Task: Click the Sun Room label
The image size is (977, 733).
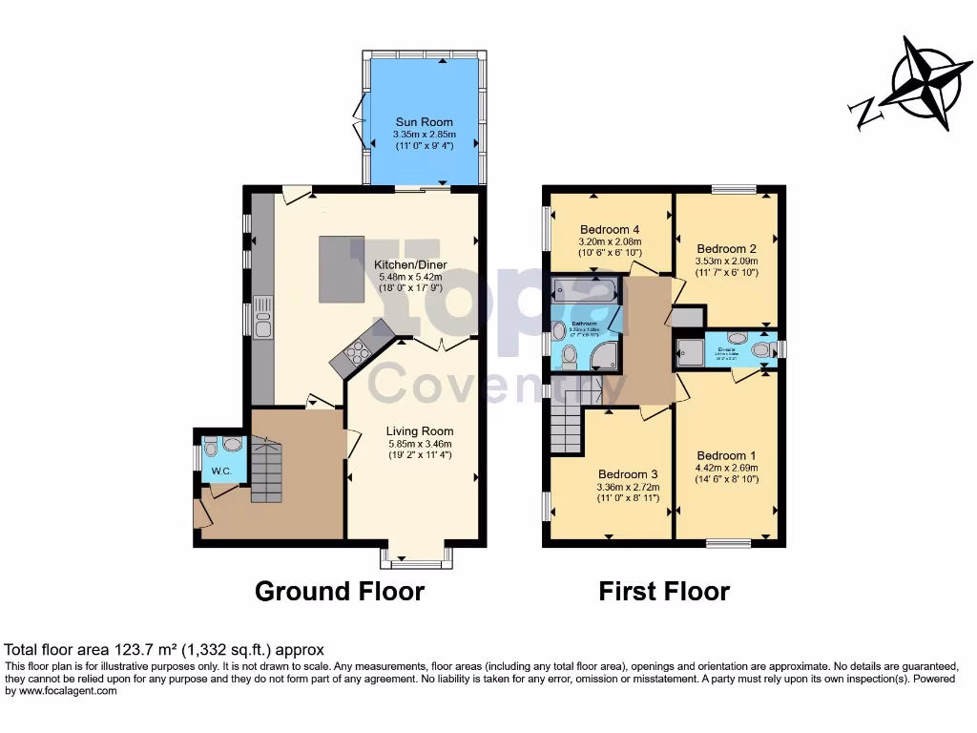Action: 425,123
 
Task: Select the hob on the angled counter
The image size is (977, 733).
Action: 352,356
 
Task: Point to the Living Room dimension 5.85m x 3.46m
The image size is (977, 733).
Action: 419,443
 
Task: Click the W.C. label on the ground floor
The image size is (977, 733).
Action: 221,471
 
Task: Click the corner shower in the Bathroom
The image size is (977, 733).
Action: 604,356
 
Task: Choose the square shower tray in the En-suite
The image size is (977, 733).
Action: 690,350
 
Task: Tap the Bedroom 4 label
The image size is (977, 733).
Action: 610,229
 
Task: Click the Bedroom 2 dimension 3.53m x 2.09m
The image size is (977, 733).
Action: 728,260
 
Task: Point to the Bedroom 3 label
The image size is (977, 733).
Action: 628,474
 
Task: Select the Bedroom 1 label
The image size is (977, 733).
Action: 727,455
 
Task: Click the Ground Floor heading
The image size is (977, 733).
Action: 339,592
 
